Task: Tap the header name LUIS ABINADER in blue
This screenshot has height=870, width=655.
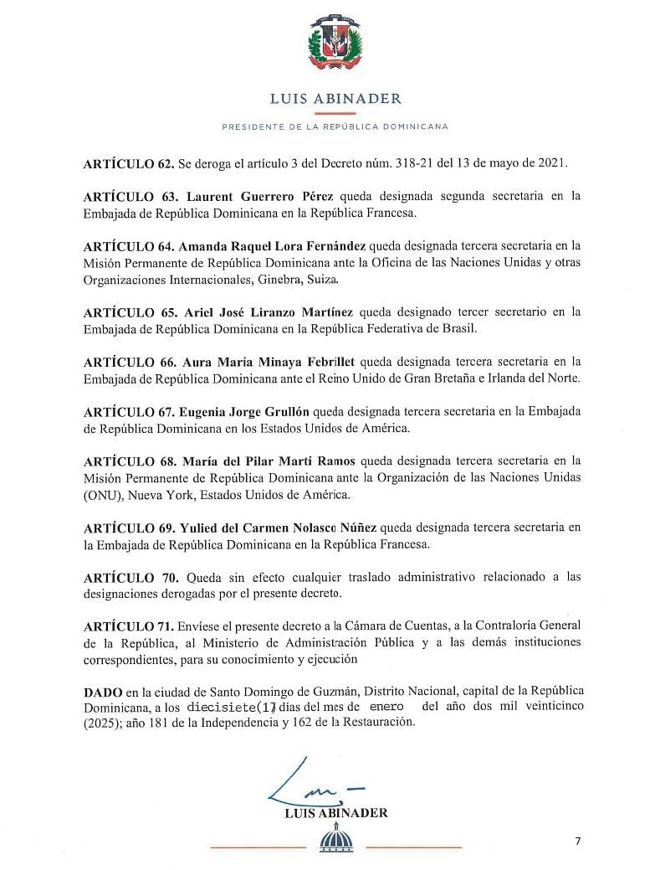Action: (x=335, y=98)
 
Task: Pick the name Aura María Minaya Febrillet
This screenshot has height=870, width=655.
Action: (x=272, y=362)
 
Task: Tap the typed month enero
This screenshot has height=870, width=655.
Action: (x=386, y=707)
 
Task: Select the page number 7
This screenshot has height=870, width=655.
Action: (x=577, y=841)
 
